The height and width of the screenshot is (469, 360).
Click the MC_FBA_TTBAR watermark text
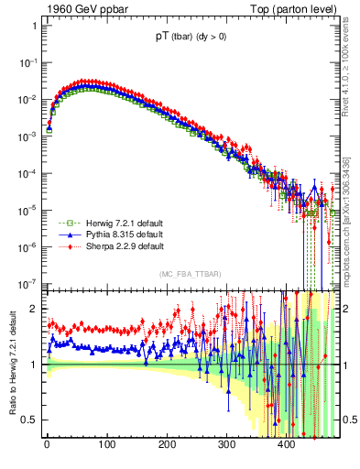tap(189, 274)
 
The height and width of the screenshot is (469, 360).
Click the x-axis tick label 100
tap(106, 446)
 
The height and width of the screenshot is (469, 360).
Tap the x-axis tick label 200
tap(166, 446)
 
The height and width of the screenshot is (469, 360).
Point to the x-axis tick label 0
tap(47, 446)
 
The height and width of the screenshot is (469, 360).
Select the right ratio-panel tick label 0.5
tap(349, 420)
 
